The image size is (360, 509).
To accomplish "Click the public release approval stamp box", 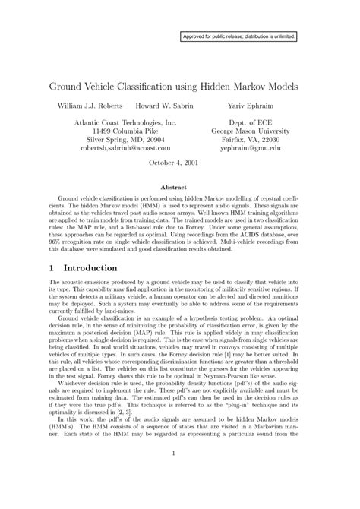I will click(238, 36).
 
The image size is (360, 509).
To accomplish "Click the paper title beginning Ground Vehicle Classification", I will click(179, 82).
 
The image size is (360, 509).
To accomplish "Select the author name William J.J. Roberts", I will click(91, 105).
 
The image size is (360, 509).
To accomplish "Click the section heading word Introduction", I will click(90, 268).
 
